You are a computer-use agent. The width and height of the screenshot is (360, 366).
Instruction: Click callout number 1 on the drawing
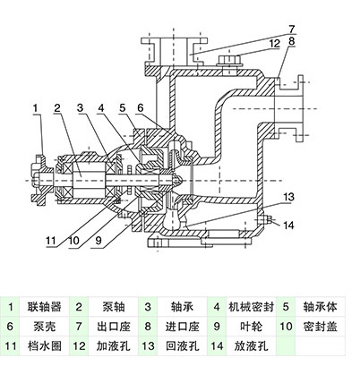[34, 109]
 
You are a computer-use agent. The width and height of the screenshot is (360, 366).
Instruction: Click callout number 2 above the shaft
[57, 109]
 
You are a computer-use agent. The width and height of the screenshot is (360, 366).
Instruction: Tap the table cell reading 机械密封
[250, 305]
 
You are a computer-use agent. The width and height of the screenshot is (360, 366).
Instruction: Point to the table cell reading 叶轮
[250, 326]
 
